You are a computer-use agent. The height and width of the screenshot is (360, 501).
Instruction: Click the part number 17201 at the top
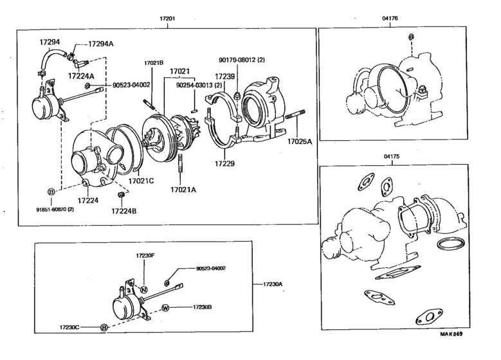tap(167, 19)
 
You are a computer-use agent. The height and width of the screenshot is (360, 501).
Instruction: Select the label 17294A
tap(100, 44)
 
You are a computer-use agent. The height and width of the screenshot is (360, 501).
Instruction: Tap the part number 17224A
tap(81, 76)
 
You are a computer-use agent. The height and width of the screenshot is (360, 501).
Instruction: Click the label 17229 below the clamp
tap(224, 163)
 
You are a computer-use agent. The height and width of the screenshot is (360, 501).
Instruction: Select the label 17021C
tap(141, 181)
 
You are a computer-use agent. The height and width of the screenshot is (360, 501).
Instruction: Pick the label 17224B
tap(123, 210)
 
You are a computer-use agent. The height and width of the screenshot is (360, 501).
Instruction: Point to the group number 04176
tap(390, 19)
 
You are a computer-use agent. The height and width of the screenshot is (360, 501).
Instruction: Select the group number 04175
tap(390, 157)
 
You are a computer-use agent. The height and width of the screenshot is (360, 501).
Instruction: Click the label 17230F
tap(145, 256)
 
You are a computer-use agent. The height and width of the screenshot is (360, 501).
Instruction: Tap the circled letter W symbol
tap(165, 307)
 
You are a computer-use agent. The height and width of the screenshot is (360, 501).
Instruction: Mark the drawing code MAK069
tap(451, 334)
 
